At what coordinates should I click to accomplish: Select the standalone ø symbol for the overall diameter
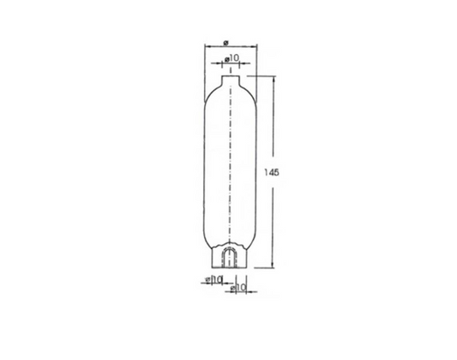[x=225, y=40]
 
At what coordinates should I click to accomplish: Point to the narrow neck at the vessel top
[x=228, y=79]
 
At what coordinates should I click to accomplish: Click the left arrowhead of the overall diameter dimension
[x=207, y=48]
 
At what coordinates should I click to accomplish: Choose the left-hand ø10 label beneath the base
[x=214, y=279]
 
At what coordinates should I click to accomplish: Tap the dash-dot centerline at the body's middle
[x=228, y=171]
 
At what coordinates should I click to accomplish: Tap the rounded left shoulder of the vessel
[x=210, y=90]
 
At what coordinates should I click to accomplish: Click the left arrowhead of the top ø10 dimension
[x=221, y=64]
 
